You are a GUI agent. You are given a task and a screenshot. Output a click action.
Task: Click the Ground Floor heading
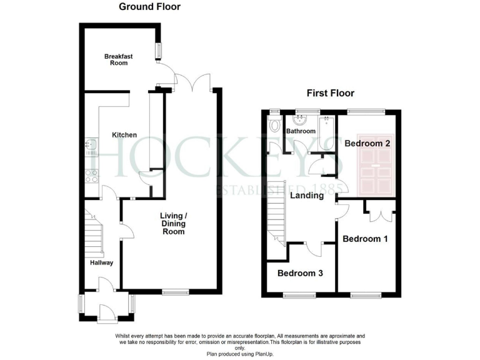150,7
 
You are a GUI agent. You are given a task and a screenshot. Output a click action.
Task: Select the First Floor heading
330,93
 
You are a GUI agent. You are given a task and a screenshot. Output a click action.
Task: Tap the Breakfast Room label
116,59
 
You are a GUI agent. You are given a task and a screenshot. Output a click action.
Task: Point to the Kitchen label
124,135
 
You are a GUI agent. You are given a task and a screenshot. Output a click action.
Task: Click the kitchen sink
89,147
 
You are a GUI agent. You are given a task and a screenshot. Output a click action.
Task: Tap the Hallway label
101,262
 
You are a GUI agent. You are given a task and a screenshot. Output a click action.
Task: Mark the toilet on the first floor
274,126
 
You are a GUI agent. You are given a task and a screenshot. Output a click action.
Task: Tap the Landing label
306,195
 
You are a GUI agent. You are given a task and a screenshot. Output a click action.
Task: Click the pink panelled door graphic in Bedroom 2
375,164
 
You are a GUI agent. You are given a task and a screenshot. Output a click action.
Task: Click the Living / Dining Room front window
176,291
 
